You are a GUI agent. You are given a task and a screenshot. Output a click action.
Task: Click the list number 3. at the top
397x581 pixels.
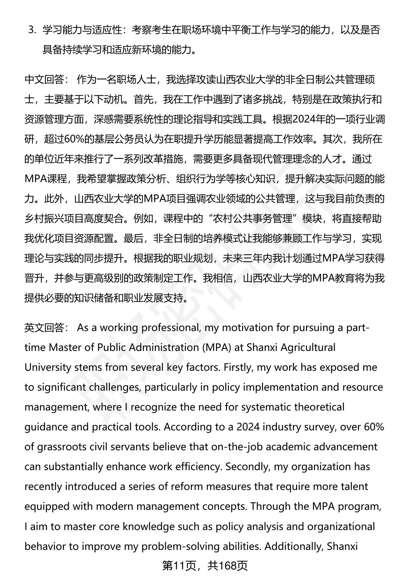point(32,30)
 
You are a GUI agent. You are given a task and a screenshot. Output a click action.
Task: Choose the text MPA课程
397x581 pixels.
point(46,179)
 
